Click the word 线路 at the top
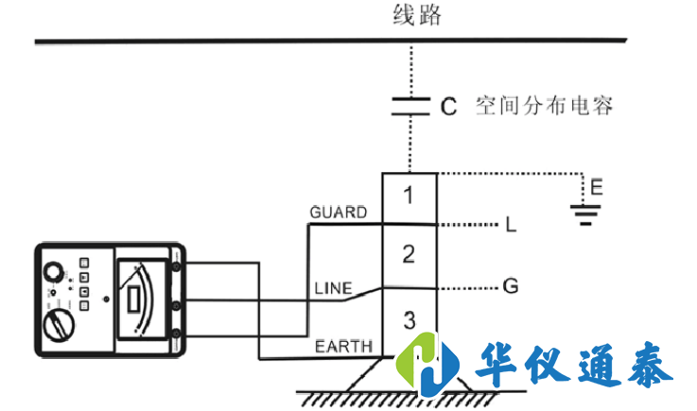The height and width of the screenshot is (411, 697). coord(416,16)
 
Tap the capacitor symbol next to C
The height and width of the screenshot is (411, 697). coord(409,105)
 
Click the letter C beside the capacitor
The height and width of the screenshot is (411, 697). coord(448,106)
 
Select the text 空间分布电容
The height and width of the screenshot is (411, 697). coord(544,106)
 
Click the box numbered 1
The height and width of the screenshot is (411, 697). coord(408,197)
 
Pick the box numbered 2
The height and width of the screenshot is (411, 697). coord(408,253)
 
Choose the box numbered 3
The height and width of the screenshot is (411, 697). coord(408,319)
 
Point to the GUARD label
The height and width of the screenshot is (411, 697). coord(338,213)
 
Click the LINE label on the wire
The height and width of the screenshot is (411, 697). coord(333,286)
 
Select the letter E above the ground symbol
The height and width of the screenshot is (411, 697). coord(595,187)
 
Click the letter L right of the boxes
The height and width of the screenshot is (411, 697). coord(511,226)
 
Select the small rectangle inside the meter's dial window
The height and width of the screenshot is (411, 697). coord(133,301)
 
